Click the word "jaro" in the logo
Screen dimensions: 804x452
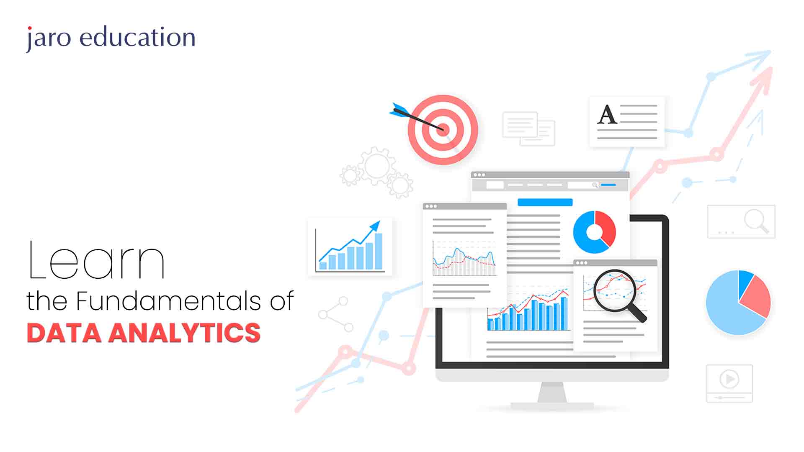(49, 39)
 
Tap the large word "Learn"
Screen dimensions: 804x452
(96, 260)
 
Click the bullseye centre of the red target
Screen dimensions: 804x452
(442, 129)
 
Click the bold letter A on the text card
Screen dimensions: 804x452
(607, 115)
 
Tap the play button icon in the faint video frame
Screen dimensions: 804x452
(729, 379)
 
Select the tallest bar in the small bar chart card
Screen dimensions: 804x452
(378, 251)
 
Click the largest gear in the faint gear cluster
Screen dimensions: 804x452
(377, 166)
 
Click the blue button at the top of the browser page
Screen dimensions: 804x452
(545, 203)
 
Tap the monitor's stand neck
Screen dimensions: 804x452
(552, 392)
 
